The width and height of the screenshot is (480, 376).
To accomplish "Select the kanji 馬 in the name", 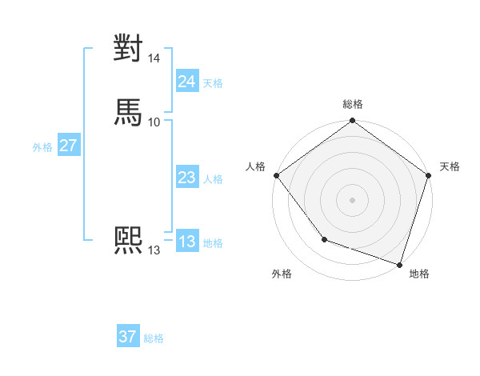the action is click(x=128, y=112).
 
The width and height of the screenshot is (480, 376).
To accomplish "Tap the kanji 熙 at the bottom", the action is click(x=128, y=241).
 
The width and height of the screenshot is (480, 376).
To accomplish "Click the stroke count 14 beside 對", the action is click(x=154, y=58).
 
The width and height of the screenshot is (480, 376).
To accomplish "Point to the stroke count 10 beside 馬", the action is click(x=154, y=122).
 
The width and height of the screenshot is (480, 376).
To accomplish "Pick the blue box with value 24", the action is click(x=186, y=82).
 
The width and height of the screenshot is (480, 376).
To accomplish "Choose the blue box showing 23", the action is click(x=186, y=178).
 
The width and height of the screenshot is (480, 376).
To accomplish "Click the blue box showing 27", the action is click(x=68, y=146).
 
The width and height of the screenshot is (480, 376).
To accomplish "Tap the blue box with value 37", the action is click(x=127, y=337).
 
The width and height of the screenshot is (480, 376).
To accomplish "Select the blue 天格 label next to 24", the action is click(x=213, y=83).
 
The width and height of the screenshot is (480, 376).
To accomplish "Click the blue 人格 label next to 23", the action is click(x=213, y=180).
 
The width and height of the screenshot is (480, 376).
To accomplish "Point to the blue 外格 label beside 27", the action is click(x=42, y=147).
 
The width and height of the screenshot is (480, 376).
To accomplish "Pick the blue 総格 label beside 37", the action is click(x=154, y=338).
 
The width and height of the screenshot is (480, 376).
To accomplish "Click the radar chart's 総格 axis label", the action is click(x=352, y=104).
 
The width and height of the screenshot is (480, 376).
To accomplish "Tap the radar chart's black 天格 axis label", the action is click(x=450, y=166).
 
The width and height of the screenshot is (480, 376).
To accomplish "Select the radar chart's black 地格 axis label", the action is click(x=419, y=274).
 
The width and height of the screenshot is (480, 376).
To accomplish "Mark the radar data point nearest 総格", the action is click(x=352, y=122).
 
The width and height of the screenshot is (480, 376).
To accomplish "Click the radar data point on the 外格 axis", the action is click(x=324, y=239).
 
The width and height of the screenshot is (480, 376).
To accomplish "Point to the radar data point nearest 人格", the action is click(x=276, y=175).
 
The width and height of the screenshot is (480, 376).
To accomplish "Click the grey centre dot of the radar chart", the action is click(x=352, y=199).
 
